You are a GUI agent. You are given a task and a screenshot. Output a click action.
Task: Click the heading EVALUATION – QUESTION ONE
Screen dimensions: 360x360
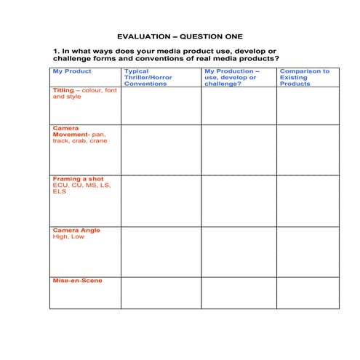pyautogui.click(x=180, y=36)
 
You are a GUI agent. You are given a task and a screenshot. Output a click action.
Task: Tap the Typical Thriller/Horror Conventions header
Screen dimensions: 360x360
pyautogui.click(x=148, y=77)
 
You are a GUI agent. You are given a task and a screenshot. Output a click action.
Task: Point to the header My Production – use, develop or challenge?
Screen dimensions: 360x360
pyautogui.click(x=231, y=77)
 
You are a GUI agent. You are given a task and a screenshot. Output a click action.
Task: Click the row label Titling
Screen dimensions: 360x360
pyautogui.click(x=63, y=91)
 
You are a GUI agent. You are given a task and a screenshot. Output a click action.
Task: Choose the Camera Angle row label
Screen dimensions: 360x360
pyautogui.click(x=76, y=231)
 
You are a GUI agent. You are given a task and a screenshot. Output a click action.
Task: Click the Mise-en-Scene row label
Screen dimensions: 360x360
pyautogui.click(x=77, y=281)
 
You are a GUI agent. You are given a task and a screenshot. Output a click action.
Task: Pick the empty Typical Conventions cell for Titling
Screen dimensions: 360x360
pyautogui.click(x=161, y=105)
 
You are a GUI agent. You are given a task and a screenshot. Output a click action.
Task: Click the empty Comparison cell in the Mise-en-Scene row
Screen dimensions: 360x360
pyautogui.click(x=307, y=292)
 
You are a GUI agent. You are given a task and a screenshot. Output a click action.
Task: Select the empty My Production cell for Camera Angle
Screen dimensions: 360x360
pyautogui.click(x=238, y=251)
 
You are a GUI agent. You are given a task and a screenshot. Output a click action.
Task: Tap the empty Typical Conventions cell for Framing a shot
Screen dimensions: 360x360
pyautogui.click(x=161, y=200)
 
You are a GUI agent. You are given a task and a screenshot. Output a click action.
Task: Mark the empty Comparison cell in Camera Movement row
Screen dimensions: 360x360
pyautogui.click(x=307, y=149)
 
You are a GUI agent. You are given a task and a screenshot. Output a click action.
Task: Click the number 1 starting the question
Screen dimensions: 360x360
pyautogui.click(x=55, y=51)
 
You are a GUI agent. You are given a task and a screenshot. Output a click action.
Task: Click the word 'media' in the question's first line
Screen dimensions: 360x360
pyautogui.click(x=162, y=51)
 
